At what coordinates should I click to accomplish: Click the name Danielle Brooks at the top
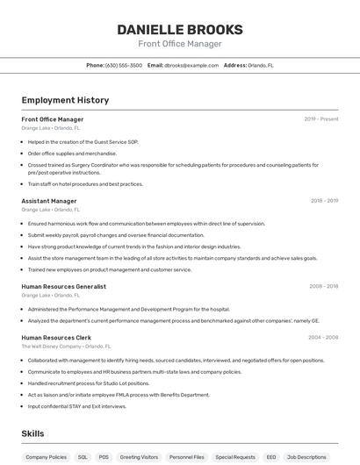click(x=180, y=30)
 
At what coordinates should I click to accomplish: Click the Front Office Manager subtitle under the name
click(x=180, y=44)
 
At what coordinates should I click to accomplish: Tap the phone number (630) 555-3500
click(x=123, y=65)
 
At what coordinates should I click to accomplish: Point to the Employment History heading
click(x=65, y=100)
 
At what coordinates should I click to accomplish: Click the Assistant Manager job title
click(x=49, y=201)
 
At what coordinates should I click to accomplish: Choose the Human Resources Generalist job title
click(x=63, y=286)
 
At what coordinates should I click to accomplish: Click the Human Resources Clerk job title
click(x=56, y=337)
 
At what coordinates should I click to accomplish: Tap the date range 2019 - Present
click(x=321, y=118)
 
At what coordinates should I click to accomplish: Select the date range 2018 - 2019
click(x=324, y=201)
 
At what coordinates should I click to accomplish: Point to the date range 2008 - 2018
click(x=323, y=286)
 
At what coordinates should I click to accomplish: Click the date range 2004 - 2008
click(x=323, y=337)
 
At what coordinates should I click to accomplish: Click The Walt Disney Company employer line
click(x=66, y=347)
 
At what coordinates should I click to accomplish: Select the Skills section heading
click(x=32, y=433)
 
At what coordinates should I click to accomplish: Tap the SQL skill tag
click(x=83, y=457)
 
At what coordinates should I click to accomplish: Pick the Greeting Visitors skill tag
click(x=139, y=457)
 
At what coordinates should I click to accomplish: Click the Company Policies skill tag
click(x=46, y=457)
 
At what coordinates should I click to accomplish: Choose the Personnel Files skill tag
click(x=187, y=457)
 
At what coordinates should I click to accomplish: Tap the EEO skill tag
click(x=271, y=457)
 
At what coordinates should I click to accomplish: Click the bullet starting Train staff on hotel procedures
click(x=85, y=184)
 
